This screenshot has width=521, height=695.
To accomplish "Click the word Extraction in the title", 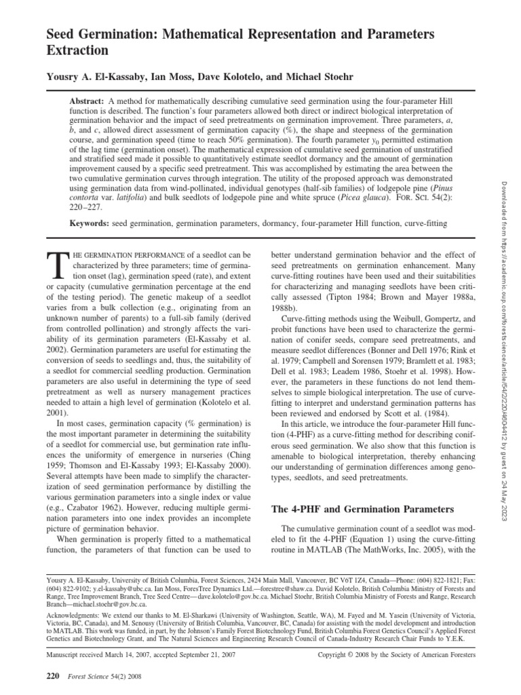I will [77, 50].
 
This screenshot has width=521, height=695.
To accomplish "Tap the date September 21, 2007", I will [216, 655].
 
